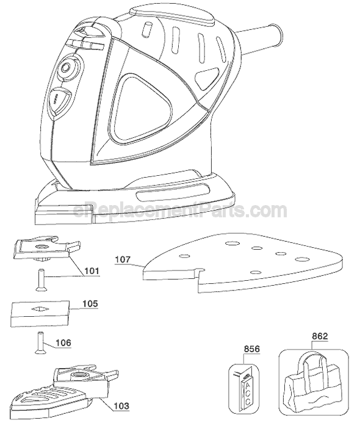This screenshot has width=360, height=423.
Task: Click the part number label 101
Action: [92, 270]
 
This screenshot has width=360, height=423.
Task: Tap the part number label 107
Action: [123, 259]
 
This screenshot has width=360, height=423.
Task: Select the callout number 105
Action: [90, 303]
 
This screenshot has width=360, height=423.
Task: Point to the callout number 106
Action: [63, 342]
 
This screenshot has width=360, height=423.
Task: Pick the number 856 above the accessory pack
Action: [251, 349]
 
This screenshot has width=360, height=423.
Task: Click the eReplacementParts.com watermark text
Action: [180, 211]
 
